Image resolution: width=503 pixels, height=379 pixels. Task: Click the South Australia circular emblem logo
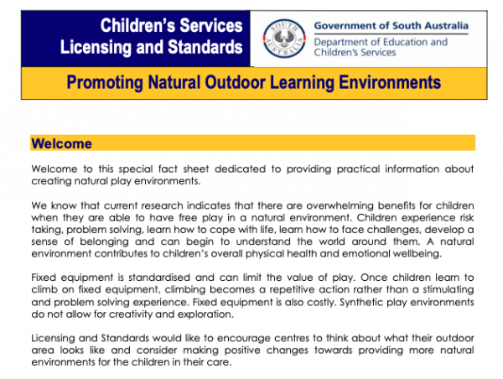tap(284, 39)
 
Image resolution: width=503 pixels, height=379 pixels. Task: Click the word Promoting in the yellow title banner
tap(105, 82)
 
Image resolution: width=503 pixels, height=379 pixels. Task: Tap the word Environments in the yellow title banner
tap(390, 82)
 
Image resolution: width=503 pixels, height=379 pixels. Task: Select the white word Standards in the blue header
tap(205, 47)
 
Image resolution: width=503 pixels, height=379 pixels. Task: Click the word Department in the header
tap(340, 42)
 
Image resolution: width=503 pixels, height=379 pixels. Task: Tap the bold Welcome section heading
tap(61, 143)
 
